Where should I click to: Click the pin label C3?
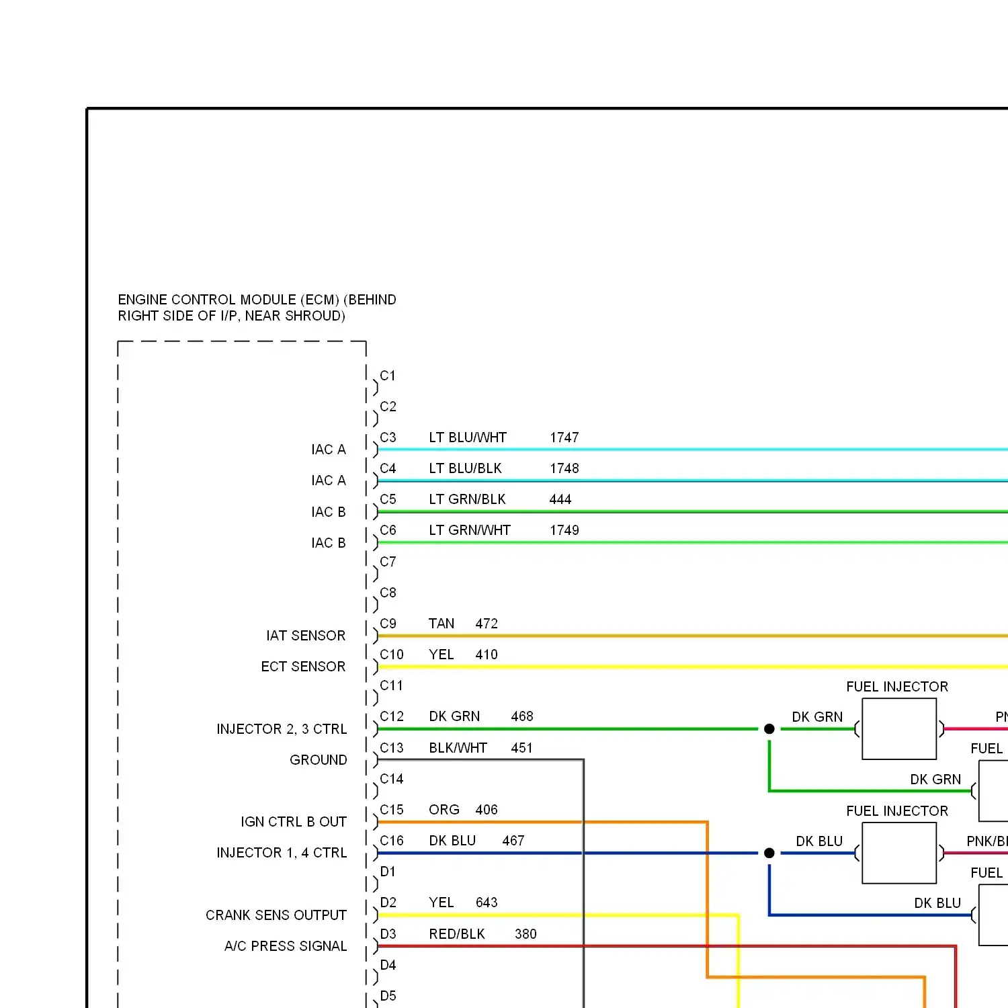(388, 437)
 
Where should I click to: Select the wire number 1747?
(564, 437)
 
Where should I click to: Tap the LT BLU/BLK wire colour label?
(465, 468)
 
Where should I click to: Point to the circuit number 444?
(560, 499)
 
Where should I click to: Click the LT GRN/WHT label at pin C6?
(470, 530)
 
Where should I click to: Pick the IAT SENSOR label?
(306, 636)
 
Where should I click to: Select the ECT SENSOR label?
(303, 667)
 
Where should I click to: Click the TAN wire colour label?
(442, 624)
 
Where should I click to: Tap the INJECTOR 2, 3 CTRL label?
(282, 729)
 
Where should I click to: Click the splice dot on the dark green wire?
(769, 729)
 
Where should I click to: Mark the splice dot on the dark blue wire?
(769, 853)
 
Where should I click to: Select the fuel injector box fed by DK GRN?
(899, 729)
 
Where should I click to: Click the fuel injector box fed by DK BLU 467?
(899, 853)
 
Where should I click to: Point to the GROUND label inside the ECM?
(318, 760)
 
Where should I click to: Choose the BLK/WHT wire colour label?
(458, 748)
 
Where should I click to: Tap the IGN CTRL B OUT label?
(294, 822)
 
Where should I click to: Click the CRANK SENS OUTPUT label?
(276, 915)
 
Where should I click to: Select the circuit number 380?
(526, 934)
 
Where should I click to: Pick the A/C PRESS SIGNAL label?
(286, 946)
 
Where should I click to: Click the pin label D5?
(388, 996)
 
